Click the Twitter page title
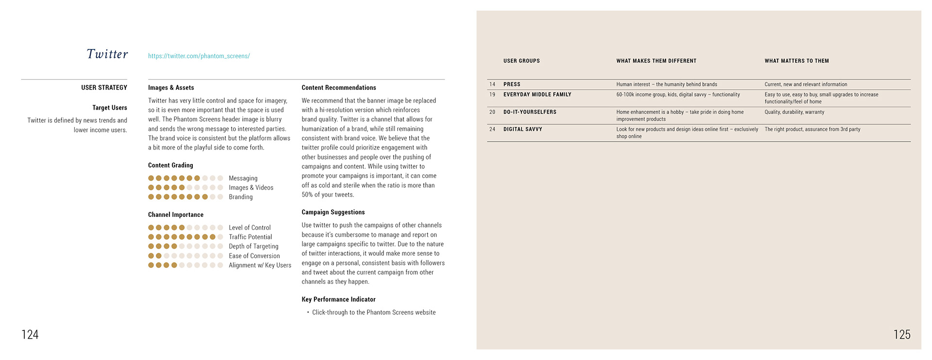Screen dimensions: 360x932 coord(107,54)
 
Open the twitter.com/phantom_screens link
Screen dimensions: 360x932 coord(199,56)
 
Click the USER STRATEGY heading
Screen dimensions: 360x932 coord(104,88)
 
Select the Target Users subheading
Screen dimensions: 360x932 coord(110,108)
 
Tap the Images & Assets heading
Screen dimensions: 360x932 coord(171,88)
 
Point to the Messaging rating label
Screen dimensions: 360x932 coord(243,179)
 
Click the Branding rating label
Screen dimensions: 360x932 coord(241,197)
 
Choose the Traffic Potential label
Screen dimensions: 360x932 coord(250,237)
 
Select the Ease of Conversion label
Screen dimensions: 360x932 coord(254,256)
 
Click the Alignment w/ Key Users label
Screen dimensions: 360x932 coord(260,265)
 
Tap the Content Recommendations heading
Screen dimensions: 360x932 coord(339,88)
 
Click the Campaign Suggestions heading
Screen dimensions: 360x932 coord(333,213)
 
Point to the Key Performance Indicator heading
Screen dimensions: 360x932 coord(338,300)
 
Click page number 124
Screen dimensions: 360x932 coord(30,334)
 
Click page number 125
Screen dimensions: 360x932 coord(902,334)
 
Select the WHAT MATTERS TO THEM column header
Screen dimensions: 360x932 coord(797,61)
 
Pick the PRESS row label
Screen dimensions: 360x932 coord(512,84)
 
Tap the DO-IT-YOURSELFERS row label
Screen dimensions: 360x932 coord(530,112)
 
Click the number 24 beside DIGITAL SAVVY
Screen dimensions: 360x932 coord(492,130)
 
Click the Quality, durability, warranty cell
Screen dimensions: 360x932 coord(794,112)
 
